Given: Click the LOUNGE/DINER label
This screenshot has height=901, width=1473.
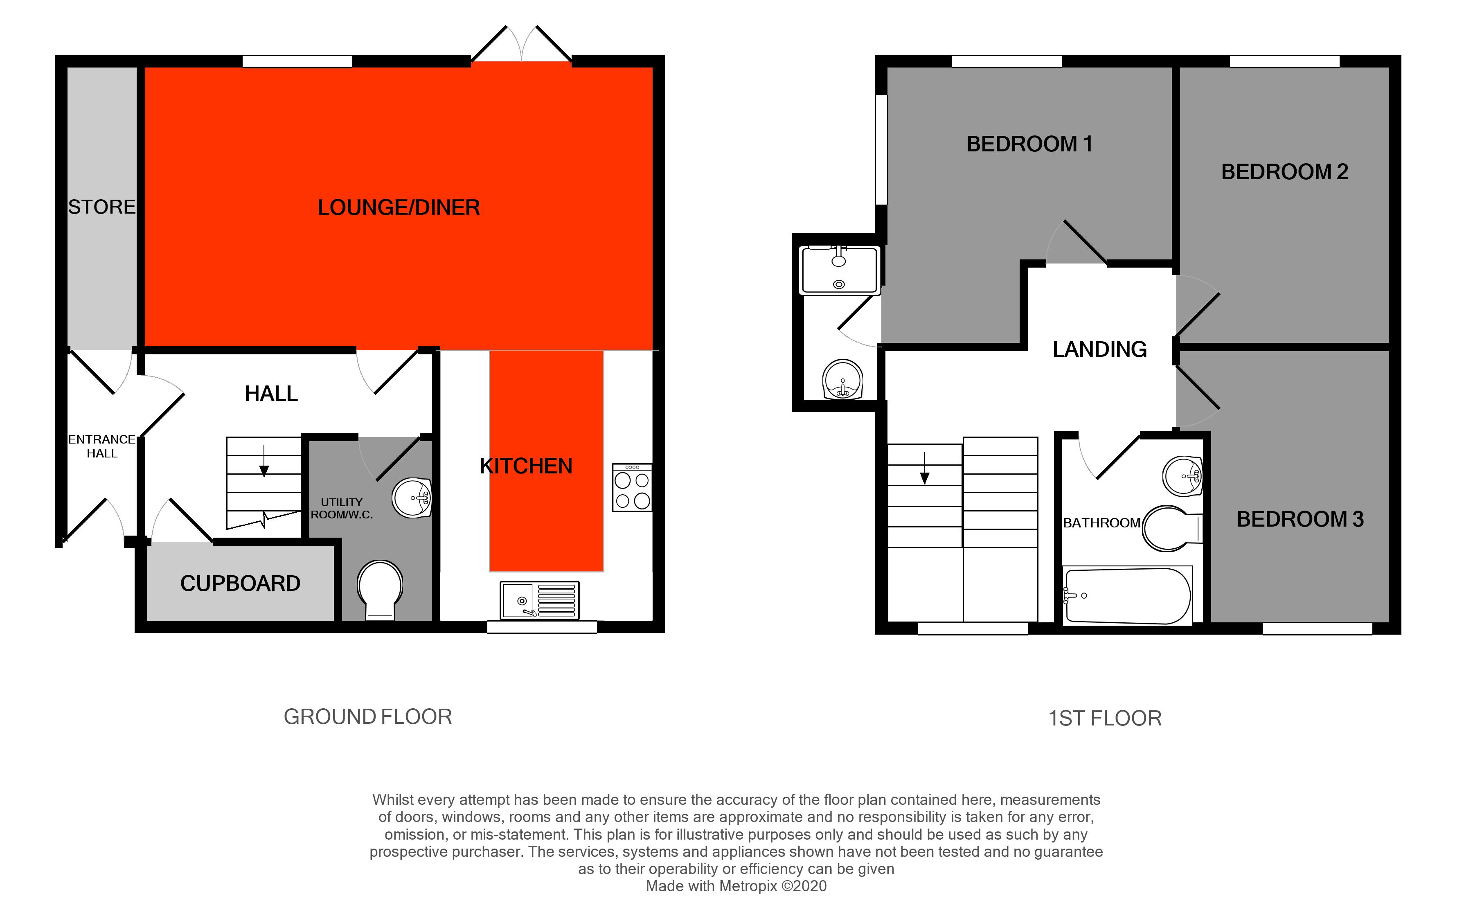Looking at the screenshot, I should tap(399, 207).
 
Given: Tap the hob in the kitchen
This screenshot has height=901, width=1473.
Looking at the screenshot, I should tap(632, 488).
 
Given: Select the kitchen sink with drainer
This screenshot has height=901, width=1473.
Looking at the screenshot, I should tap(540, 600).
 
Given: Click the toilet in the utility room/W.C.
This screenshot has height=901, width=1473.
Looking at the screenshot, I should tap(380, 589).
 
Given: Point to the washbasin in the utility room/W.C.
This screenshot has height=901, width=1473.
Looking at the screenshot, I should tap(412, 498).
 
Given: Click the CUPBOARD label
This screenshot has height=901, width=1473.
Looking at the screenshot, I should tap(240, 583).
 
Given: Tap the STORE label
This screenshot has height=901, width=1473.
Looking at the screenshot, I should tap(101, 207).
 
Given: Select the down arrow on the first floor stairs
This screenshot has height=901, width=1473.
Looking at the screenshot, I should tap(925, 470).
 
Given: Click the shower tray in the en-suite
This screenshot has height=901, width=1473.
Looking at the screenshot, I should tap(839, 270).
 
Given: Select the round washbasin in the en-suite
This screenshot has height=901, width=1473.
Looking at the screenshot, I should tap(842, 380).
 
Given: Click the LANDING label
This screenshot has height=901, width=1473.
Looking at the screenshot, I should tap(1099, 349).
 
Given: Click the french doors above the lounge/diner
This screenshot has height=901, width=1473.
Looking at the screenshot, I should tap(521, 45).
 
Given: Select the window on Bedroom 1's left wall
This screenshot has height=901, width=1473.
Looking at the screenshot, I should tap(881, 149).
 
